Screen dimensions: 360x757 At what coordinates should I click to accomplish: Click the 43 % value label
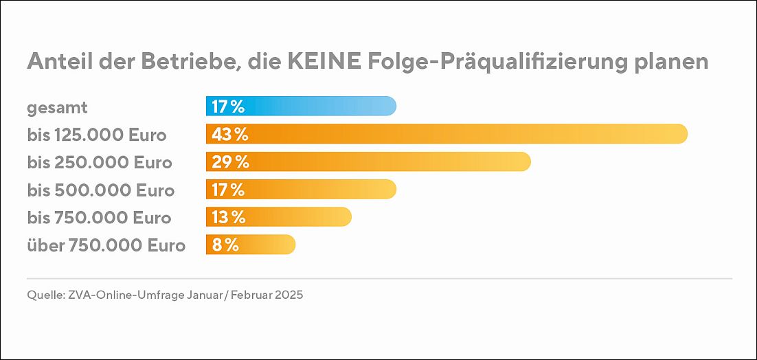click(229, 135)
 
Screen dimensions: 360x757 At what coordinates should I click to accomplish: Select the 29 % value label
click(229, 162)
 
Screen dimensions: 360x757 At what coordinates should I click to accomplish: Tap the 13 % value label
click(228, 217)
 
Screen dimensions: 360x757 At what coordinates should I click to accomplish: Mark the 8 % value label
click(225, 245)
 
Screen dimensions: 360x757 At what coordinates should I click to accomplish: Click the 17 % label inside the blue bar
click(228, 107)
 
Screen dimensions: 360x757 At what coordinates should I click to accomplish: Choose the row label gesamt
click(58, 108)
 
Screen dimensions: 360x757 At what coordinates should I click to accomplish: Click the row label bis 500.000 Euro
click(100, 190)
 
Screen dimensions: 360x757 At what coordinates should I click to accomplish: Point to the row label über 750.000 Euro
click(106, 245)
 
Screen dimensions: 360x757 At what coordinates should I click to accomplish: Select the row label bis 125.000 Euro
click(97, 135)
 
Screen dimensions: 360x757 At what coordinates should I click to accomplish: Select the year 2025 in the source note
click(288, 295)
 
